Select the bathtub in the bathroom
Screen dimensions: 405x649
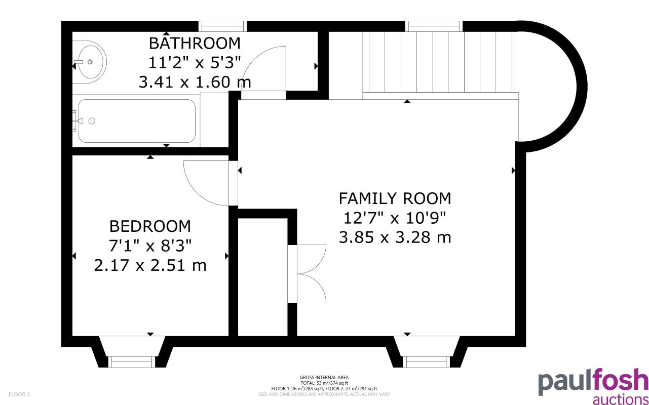pyautogui.click(x=136, y=121)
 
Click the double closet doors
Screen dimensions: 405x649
pyautogui.click(x=310, y=274)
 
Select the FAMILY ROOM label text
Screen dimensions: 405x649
pyautogui.click(x=395, y=197)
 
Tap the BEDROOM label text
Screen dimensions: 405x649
pyautogui.click(x=150, y=226)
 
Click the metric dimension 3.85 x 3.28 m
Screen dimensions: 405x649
pyautogui.click(x=395, y=237)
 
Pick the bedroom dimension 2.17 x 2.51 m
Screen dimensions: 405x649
pyautogui.click(x=150, y=265)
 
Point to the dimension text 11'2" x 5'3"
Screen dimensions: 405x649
pyautogui.click(x=195, y=62)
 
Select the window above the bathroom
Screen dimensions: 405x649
pyautogui.click(x=222, y=26)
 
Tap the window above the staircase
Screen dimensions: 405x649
pyautogui.click(x=435, y=26)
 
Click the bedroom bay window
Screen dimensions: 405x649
pyautogui.click(x=131, y=360)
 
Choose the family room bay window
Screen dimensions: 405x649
pyautogui.click(x=428, y=360)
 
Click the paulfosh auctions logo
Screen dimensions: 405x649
pyautogui.click(x=593, y=387)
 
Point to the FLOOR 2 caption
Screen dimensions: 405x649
pyautogui.click(x=19, y=394)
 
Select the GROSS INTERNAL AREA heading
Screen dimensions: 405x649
pyautogui.click(x=324, y=377)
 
